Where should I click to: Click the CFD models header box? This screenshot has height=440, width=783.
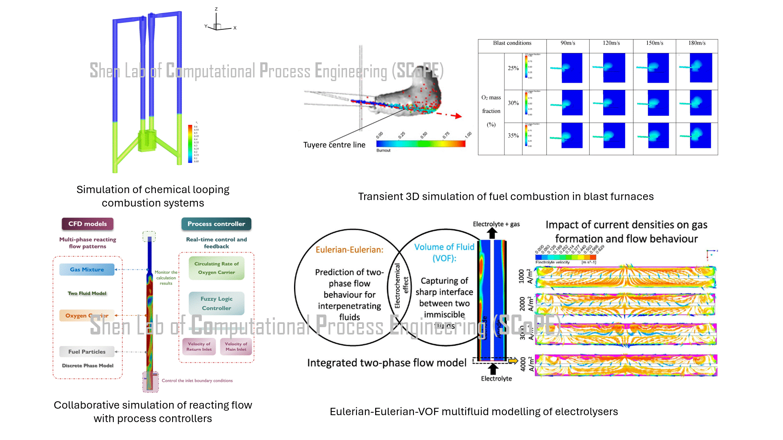87,224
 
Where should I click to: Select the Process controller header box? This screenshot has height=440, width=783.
216,224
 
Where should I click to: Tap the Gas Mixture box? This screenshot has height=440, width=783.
87,269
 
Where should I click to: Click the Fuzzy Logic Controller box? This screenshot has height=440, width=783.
217,304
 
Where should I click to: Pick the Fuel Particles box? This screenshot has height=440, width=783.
87,352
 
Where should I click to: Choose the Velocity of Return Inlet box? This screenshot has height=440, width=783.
199,347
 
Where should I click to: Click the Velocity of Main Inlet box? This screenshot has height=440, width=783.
236,347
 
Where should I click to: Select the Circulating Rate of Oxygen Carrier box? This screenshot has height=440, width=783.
217,268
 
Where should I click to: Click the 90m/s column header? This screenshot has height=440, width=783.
568,43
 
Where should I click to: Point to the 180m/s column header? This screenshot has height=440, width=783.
697,43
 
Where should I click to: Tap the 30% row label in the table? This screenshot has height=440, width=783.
513,103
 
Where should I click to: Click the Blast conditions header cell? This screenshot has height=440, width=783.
512,43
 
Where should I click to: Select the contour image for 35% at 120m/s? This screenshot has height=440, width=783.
611,136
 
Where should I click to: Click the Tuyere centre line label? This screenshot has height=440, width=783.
334,145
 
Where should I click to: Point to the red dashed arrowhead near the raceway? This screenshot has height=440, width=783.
458,116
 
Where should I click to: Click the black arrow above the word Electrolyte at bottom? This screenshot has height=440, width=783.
493,368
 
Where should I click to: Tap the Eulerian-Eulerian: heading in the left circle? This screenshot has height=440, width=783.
349,250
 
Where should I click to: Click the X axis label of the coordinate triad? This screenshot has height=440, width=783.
235,28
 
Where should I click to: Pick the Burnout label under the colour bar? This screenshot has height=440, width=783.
383,150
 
